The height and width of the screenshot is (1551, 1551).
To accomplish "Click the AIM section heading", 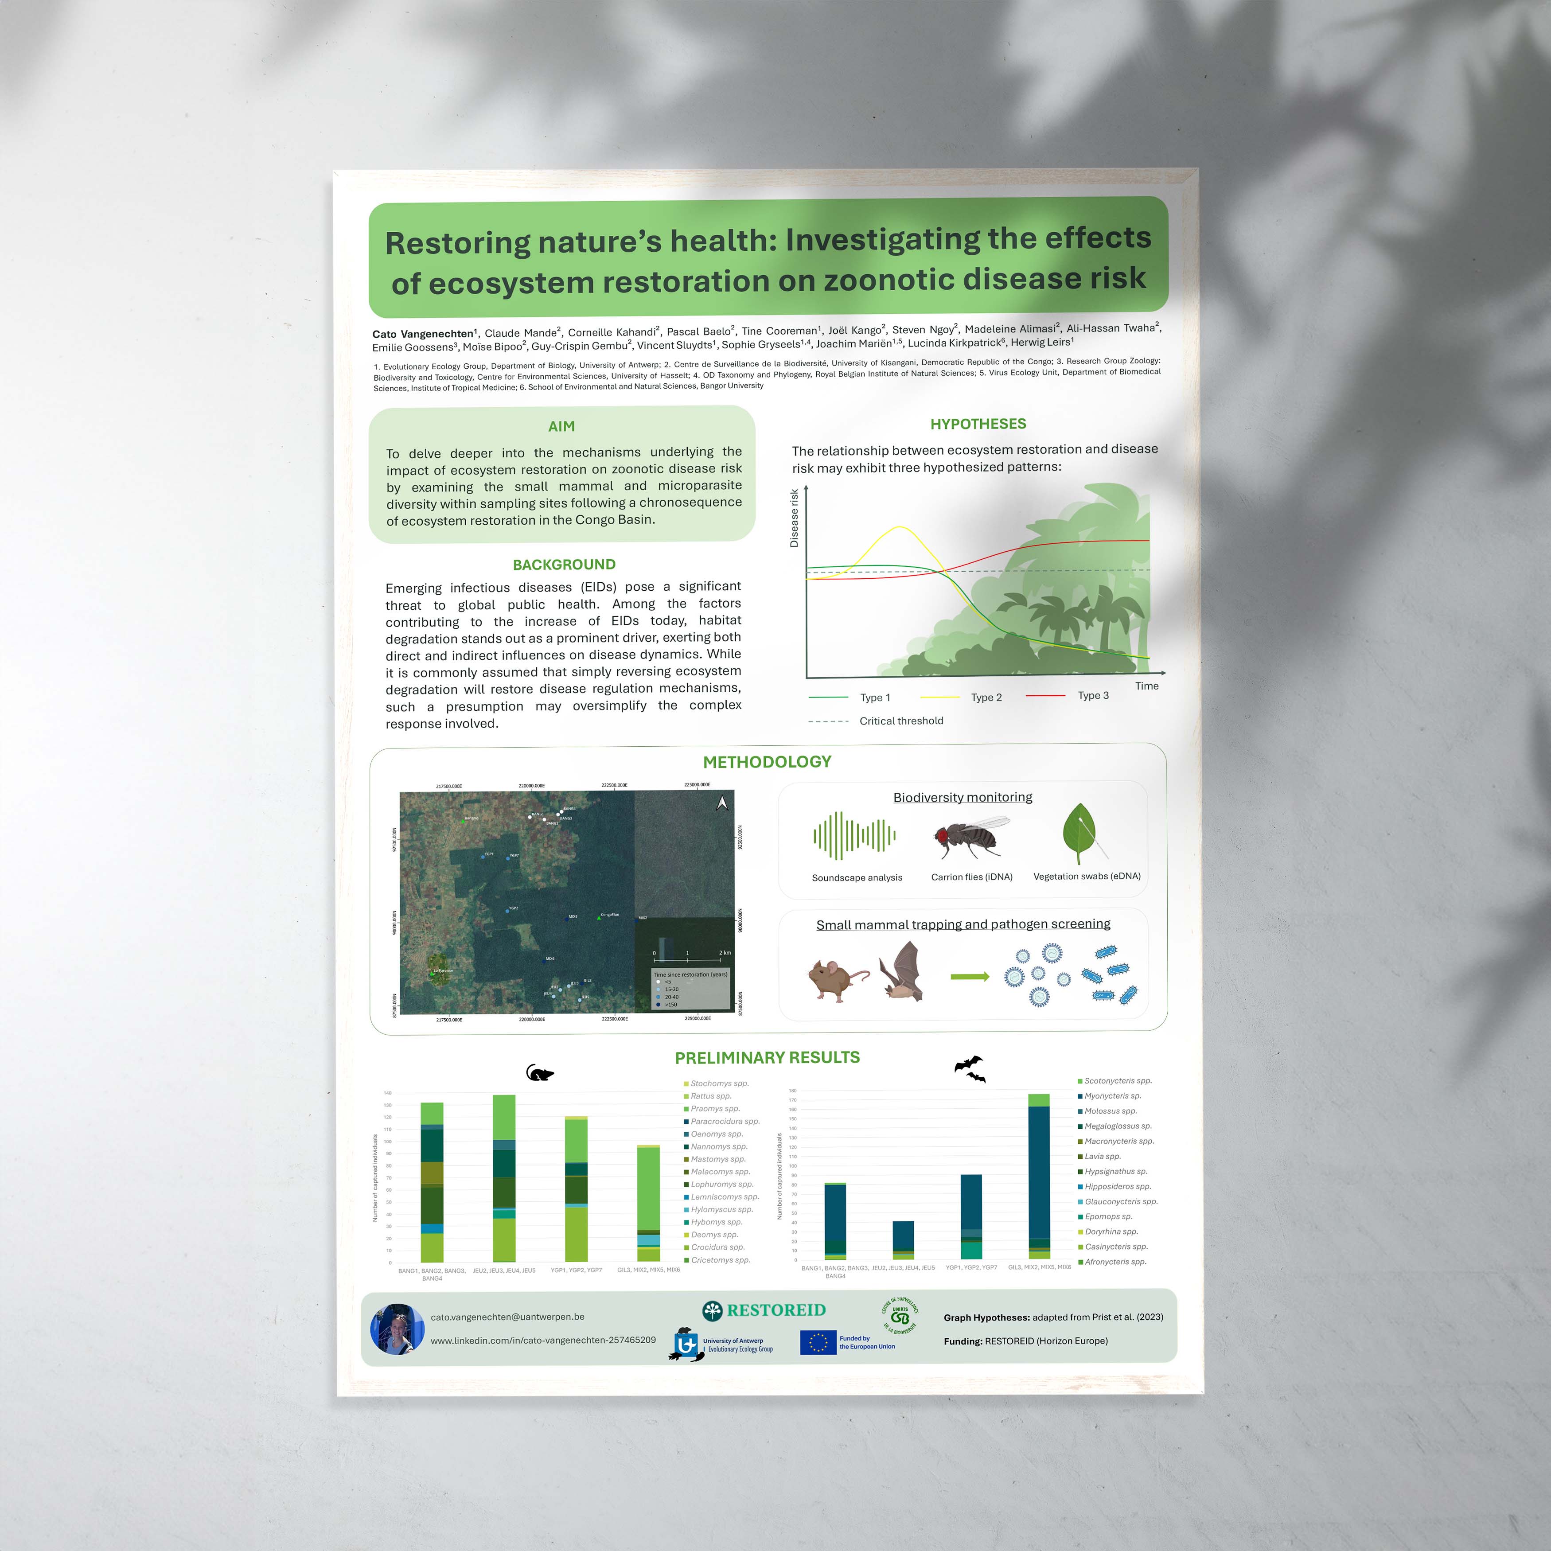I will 561,426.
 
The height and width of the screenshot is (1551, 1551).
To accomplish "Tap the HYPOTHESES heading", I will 978,424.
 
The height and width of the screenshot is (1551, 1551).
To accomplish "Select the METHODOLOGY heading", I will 767,762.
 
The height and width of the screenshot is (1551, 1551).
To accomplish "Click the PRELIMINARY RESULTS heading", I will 767,1057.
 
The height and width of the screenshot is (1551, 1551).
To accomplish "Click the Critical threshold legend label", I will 901,721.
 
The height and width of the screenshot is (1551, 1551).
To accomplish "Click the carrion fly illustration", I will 970,837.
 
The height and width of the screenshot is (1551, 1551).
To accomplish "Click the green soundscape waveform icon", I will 854,836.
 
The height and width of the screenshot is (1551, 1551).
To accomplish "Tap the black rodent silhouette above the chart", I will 539,1072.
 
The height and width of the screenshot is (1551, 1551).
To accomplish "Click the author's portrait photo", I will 397,1329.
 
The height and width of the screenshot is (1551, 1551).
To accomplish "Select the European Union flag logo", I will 817,1342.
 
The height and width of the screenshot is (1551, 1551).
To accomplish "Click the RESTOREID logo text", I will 775,1310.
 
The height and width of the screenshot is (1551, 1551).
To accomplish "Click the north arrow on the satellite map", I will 722,803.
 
